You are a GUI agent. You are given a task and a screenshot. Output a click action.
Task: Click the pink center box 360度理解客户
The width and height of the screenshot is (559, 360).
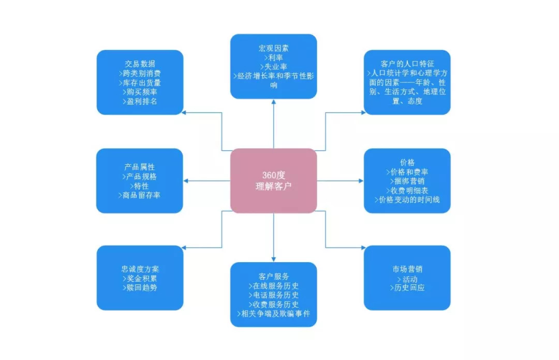pyautogui.click(x=273, y=181)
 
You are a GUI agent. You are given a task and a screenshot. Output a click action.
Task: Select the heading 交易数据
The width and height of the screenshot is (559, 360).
pyautogui.click(x=140, y=64)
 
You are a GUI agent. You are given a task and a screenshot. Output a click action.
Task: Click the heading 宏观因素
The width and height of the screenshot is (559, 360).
pyautogui.click(x=273, y=48)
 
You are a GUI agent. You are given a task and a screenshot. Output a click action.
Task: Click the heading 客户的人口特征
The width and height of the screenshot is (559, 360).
pyautogui.click(x=407, y=64)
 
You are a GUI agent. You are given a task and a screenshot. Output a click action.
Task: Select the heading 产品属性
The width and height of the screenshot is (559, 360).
pyautogui.click(x=139, y=167)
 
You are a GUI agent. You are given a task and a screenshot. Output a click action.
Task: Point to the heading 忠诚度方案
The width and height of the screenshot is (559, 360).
pyautogui.click(x=140, y=269)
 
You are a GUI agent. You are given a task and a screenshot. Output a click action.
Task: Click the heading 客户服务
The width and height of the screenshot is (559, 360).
pyautogui.click(x=273, y=277)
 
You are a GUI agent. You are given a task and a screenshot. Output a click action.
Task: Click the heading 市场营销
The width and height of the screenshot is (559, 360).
pyautogui.click(x=407, y=269)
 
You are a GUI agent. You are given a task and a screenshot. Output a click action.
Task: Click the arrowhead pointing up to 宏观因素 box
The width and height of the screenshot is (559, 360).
pyautogui.click(x=273, y=102)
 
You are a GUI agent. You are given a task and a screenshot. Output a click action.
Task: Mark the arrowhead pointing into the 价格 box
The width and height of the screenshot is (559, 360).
pyautogui.click(x=361, y=181)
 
